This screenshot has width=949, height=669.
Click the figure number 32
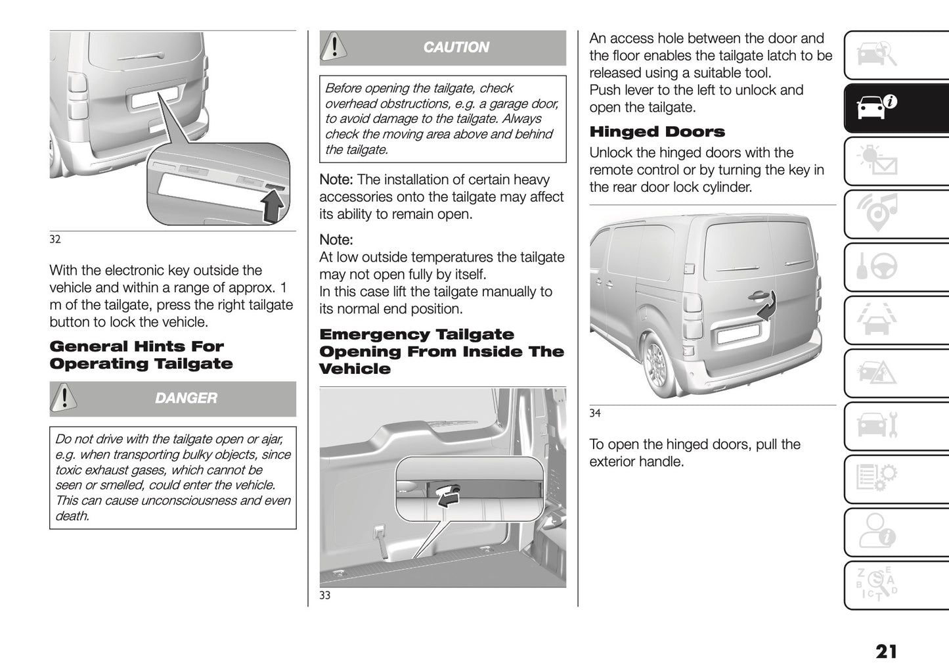tap(55, 239)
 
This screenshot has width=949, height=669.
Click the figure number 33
tap(325, 595)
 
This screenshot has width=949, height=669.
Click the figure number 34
tap(595, 413)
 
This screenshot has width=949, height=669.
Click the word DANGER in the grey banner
tap(186, 398)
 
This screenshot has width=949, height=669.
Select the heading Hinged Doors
tap(657, 131)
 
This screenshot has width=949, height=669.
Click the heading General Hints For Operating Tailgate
tap(141, 355)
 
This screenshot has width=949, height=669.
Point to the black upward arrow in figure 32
tap(274, 206)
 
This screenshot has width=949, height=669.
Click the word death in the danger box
tap(72, 517)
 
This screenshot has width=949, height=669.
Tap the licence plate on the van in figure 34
tap(740, 335)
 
